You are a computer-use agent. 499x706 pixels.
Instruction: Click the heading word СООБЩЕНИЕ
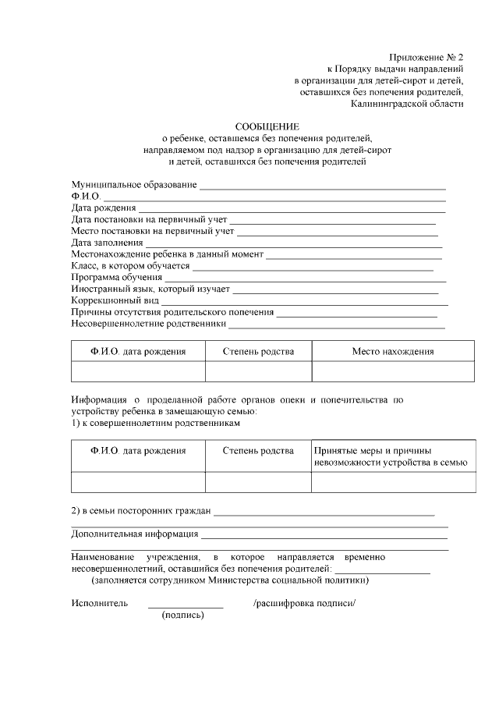(267, 126)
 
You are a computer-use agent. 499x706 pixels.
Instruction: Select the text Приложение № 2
(426, 58)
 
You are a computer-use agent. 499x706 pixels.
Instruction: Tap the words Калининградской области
(407, 103)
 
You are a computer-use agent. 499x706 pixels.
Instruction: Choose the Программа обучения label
(116, 277)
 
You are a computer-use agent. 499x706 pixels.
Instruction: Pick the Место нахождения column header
(392, 352)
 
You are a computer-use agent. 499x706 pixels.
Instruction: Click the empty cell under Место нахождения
(392, 371)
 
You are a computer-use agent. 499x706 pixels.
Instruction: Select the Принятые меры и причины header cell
(390, 456)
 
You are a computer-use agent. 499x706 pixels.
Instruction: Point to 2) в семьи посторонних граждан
(141, 512)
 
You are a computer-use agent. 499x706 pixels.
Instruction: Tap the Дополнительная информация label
(134, 534)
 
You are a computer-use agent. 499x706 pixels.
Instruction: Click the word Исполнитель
(99, 603)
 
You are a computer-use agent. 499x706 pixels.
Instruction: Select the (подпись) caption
(183, 616)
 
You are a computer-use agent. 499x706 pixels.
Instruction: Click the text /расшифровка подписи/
(304, 603)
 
